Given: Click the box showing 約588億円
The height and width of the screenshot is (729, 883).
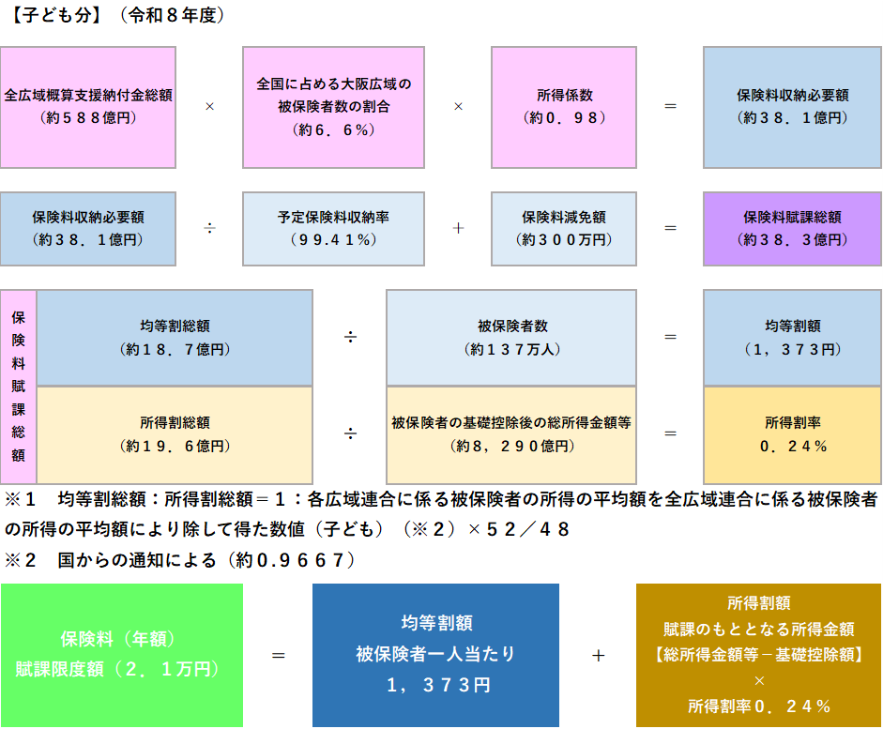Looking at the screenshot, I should [x=88, y=106].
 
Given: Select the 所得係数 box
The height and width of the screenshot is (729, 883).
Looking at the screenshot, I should [x=564, y=106].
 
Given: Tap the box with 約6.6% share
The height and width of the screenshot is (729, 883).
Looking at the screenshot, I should [x=333, y=106].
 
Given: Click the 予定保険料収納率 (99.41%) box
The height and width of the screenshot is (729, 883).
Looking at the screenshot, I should [x=333, y=228].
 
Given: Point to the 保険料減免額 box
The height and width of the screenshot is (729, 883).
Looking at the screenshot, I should [x=564, y=228].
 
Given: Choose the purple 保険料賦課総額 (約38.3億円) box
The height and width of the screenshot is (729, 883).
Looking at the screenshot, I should [x=792, y=228].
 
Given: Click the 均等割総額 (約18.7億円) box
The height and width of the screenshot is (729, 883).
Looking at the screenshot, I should [x=175, y=338].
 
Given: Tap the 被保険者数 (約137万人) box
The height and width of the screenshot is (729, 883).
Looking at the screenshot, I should [x=511, y=338].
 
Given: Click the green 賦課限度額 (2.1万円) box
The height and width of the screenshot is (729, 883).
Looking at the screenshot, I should [x=121, y=655].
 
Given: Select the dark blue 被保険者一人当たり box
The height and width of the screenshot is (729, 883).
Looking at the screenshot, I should [x=435, y=655].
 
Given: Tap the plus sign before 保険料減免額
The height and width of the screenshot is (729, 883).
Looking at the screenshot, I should [x=458, y=228].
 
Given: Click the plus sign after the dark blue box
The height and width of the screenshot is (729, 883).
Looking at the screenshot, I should [x=598, y=656].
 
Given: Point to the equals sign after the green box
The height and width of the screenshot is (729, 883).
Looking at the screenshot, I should [x=279, y=656].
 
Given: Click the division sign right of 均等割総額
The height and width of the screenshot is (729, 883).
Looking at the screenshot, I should [x=350, y=338].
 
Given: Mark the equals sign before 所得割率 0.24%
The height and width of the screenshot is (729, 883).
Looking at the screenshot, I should [x=670, y=433].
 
